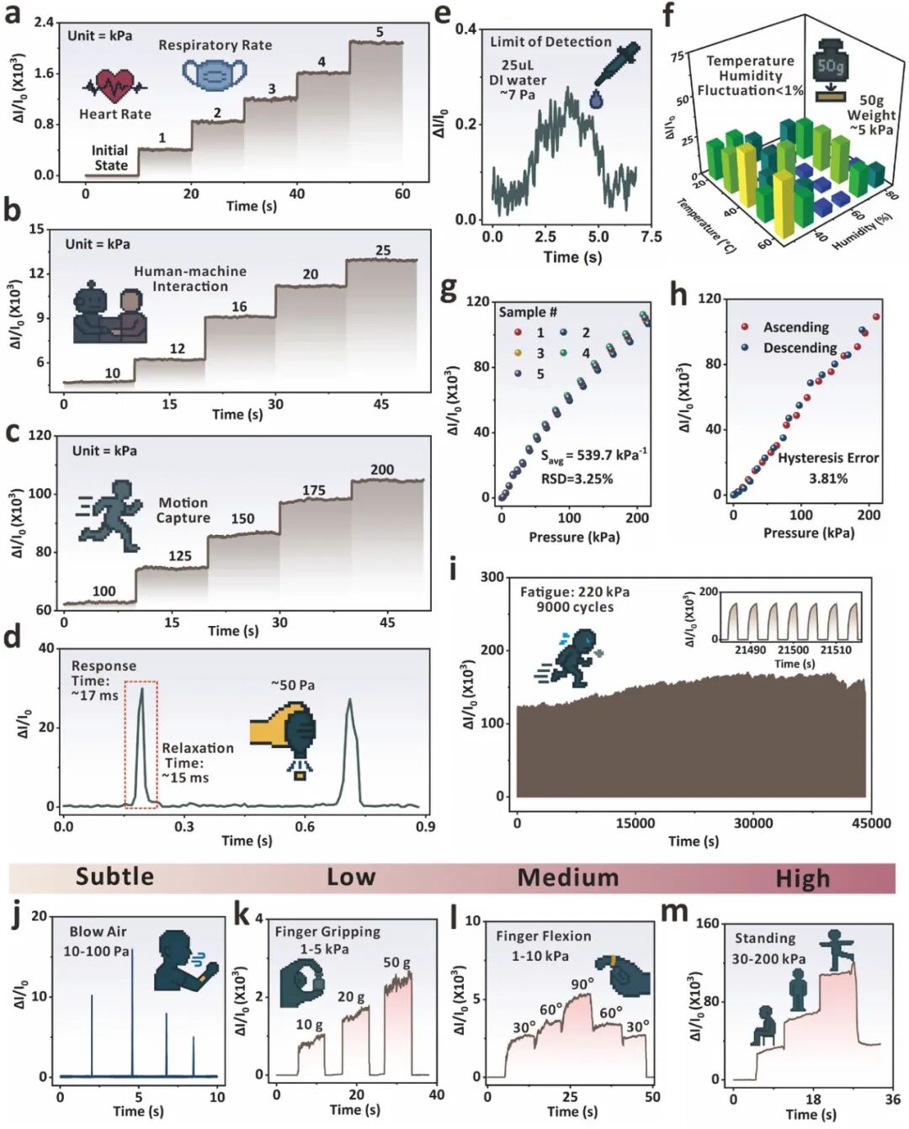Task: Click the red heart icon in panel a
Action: (x=114, y=85)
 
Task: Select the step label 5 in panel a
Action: (x=380, y=32)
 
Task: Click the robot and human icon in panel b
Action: (x=109, y=315)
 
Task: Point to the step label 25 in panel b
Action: (x=383, y=251)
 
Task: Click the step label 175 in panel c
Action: (x=314, y=490)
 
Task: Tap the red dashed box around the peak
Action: (x=141, y=744)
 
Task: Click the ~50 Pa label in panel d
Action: (x=293, y=685)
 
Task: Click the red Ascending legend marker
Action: (x=745, y=326)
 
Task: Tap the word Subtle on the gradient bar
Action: (x=114, y=877)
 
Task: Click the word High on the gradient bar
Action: (x=802, y=878)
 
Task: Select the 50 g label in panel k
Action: (x=396, y=962)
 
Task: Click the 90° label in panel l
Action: (x=582, y=984)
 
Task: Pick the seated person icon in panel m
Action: (x=763, y=1026)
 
